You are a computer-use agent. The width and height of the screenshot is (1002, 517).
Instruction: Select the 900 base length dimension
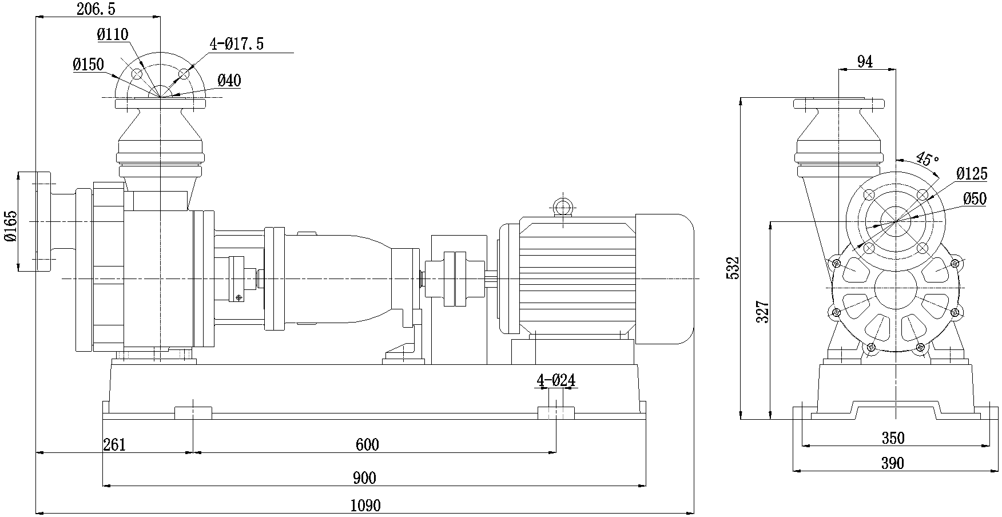pos(365,478)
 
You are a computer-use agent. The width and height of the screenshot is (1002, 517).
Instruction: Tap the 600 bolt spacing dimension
pos(367,444)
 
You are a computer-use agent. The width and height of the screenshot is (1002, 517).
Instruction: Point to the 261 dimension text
pos(114,444)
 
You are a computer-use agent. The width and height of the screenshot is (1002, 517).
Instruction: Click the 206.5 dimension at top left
pos(95,9)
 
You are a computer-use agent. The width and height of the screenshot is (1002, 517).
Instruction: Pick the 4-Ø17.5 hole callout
pos(236,44)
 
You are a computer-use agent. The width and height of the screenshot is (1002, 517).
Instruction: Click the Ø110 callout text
pos(113,34)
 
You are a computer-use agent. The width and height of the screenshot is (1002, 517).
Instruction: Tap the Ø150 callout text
pos(89,64)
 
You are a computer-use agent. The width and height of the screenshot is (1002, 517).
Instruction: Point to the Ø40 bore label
pos(229,81)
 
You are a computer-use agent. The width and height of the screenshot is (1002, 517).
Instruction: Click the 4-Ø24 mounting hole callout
pos(555,380)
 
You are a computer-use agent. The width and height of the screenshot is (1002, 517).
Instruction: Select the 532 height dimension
pos(733,268)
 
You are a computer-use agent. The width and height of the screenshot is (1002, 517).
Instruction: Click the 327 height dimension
pos(763,312)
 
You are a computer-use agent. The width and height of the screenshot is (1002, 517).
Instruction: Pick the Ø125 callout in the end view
pos(972,174)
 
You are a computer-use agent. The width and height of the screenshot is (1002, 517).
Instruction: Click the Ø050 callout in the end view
pos(975,198)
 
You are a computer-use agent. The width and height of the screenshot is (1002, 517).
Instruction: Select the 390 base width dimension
pos(893,463)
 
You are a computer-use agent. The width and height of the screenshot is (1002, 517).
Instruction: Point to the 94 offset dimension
pos(865,62)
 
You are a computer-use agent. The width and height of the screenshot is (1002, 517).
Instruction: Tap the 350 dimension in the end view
pos(893,438)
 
